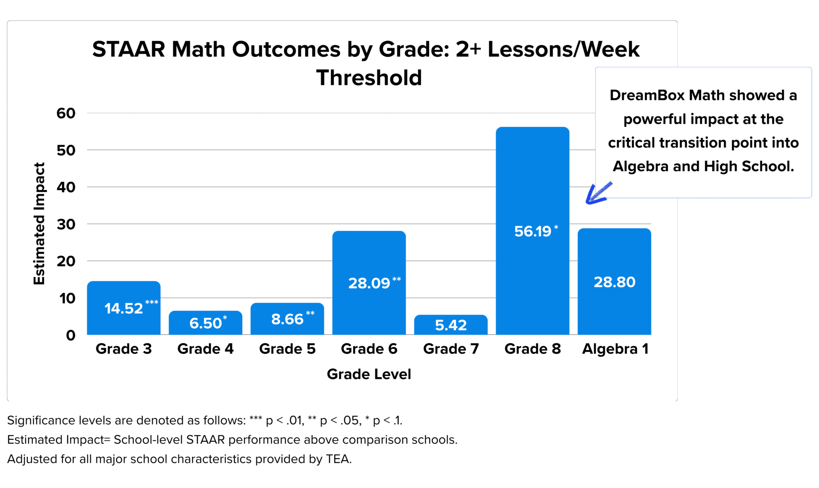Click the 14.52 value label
tap(124, 308)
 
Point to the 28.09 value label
tap(369, 283)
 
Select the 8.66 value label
tap(287, 319)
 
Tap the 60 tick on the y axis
tap(66, 113)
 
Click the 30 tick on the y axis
tap(66, 224)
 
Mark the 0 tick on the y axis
tap(70, 335)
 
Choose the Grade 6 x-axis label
tap(369, 349)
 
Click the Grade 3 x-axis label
tap(124, 349)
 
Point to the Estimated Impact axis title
tap(39, 223)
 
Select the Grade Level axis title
tap(369, 374)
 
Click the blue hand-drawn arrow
tap(598, 193)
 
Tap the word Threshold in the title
tap(369, 78)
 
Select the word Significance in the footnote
tap(41, 421)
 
